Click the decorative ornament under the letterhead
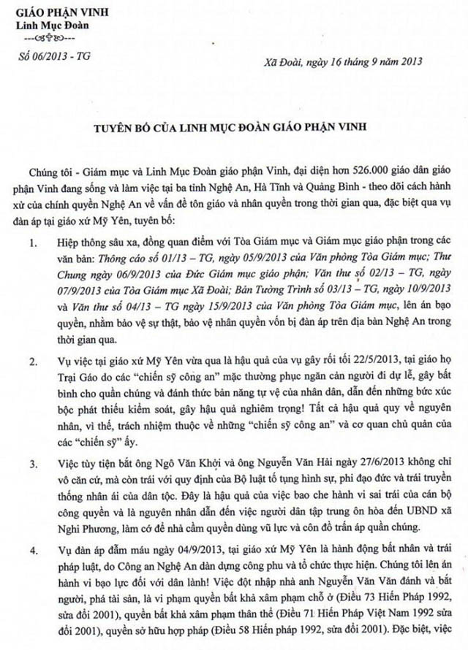tap(47, 38)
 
